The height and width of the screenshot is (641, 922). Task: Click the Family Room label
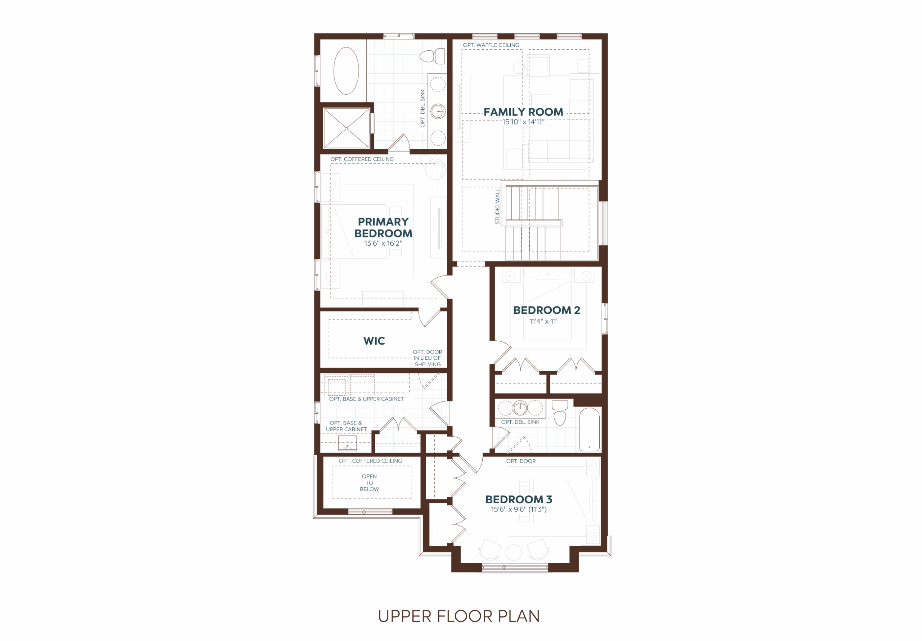click(523, 112)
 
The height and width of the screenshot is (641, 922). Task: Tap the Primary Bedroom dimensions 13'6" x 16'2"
click(383, 244)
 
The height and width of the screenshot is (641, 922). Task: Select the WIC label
click(374, 341)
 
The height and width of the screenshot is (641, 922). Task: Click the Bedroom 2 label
click(546, 310)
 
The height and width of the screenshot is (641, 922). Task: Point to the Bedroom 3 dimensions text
click(519, 509)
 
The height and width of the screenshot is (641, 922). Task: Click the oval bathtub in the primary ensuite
click(346, 71)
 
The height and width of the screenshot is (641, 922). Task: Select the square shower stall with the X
click(346, 128)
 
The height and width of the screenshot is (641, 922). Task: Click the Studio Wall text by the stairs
click(497, 206)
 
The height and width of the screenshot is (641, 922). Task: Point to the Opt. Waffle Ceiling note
click(491, 45)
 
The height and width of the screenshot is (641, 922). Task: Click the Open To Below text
click(370, 483)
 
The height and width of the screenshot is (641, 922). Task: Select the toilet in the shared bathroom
click(560, 412)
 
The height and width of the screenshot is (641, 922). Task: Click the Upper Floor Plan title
click(459, 616)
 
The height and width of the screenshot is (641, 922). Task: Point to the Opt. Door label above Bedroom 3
click(521, 461)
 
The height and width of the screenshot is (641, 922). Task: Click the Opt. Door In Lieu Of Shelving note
click(428, 358)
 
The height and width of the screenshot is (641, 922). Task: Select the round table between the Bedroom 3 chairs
click(514, 553)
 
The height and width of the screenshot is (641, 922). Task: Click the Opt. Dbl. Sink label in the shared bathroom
click(520, 422)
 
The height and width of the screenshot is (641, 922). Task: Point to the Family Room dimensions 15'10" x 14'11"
click(524, 122)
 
